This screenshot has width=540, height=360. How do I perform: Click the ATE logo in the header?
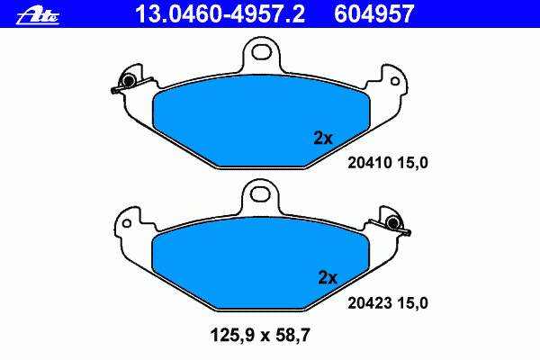coord(38,15)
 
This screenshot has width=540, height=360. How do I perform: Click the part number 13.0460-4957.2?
coord(220,14)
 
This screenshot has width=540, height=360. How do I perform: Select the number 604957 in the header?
coord(373,14)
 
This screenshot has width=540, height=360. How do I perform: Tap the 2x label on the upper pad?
coord(323,139)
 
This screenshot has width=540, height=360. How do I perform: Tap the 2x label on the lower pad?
coord(328,278)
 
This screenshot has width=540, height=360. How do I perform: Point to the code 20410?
coord(370,163)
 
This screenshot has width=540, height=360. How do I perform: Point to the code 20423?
coord(370,303)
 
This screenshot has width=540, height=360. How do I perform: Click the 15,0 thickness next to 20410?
coord(412,163)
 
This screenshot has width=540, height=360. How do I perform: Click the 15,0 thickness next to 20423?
coord(412,303)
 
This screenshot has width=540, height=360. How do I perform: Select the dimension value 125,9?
coord(232,335)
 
